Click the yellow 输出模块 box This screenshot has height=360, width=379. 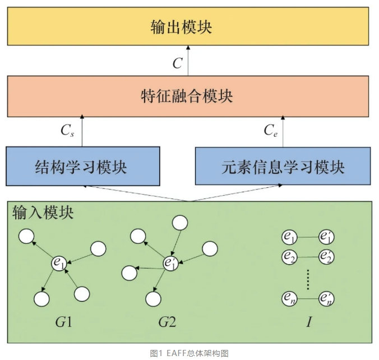[x=189, y=26]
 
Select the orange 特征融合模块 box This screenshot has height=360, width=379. [x=189, y=97]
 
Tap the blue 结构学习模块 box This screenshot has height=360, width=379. [x=82, y=166]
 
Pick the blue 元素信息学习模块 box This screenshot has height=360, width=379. [x=283, y=166]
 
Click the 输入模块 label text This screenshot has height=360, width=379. [x=43, y=213]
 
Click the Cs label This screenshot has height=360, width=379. [x=68, y=131]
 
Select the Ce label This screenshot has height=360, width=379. [x=271, y=131]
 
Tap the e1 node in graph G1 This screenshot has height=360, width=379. [x=59, y=262]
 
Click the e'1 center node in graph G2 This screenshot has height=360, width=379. [x=170, y=261]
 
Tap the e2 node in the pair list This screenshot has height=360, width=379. [x=289, y=257]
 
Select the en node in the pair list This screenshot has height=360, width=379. [x=289, y=298]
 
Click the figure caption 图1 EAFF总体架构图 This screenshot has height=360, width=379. [x=189, y=353]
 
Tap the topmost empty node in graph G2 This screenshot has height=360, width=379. [x=179, y=223]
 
